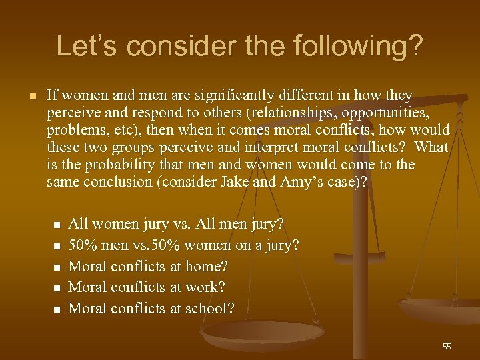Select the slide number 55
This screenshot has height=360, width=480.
446,346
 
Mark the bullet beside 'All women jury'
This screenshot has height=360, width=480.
57,224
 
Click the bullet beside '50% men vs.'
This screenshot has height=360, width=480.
57,245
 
